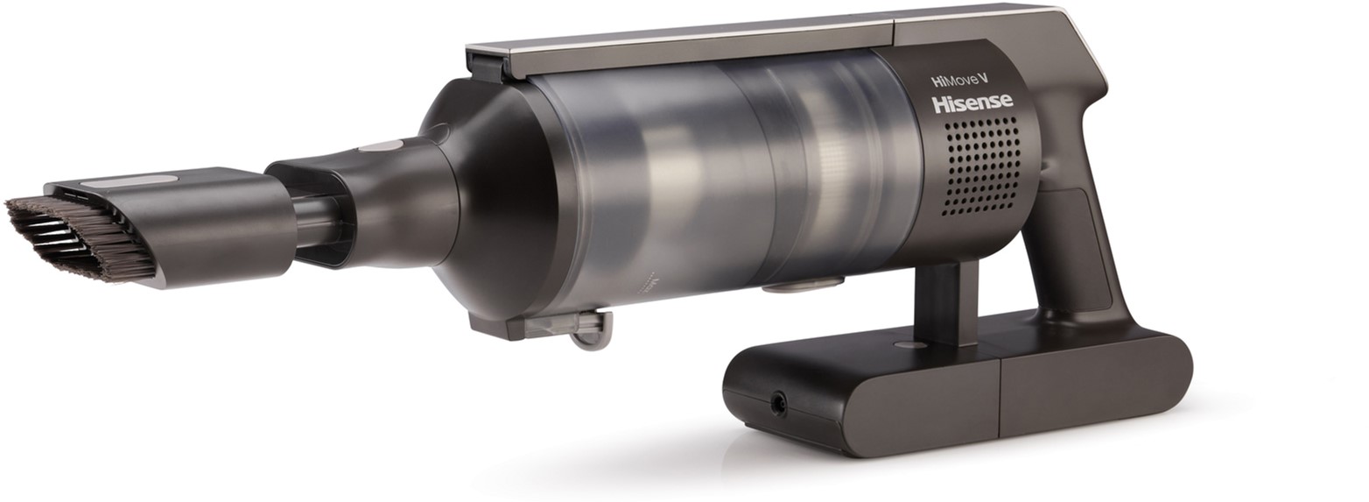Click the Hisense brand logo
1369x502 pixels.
pyautogui.click(x=972, y=103)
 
